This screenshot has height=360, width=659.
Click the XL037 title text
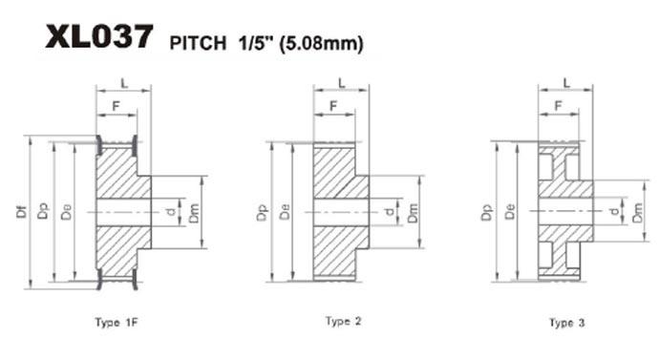pyautogui.click(x=99, y=36)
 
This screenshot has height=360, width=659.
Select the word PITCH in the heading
pyautogui.click(x=198, y=43)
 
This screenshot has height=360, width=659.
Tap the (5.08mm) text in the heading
pyautogui.click(x=322, y=43)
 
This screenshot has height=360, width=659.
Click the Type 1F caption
pyautogui.click(x=117, y=323)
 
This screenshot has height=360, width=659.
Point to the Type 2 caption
pyautogui.click(x=344, y=322)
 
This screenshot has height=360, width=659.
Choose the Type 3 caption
pyautogui.click(x=567, y=323)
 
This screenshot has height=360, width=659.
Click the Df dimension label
pyautogui.click(x=21, y=211)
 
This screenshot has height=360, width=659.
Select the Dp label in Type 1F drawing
pyautogui.click(x=42, y=211)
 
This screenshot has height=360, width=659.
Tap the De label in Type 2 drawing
pyautogui.click(x=285, y=211)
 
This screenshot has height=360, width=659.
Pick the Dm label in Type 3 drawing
pyautogui.click(x=638, y=212)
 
